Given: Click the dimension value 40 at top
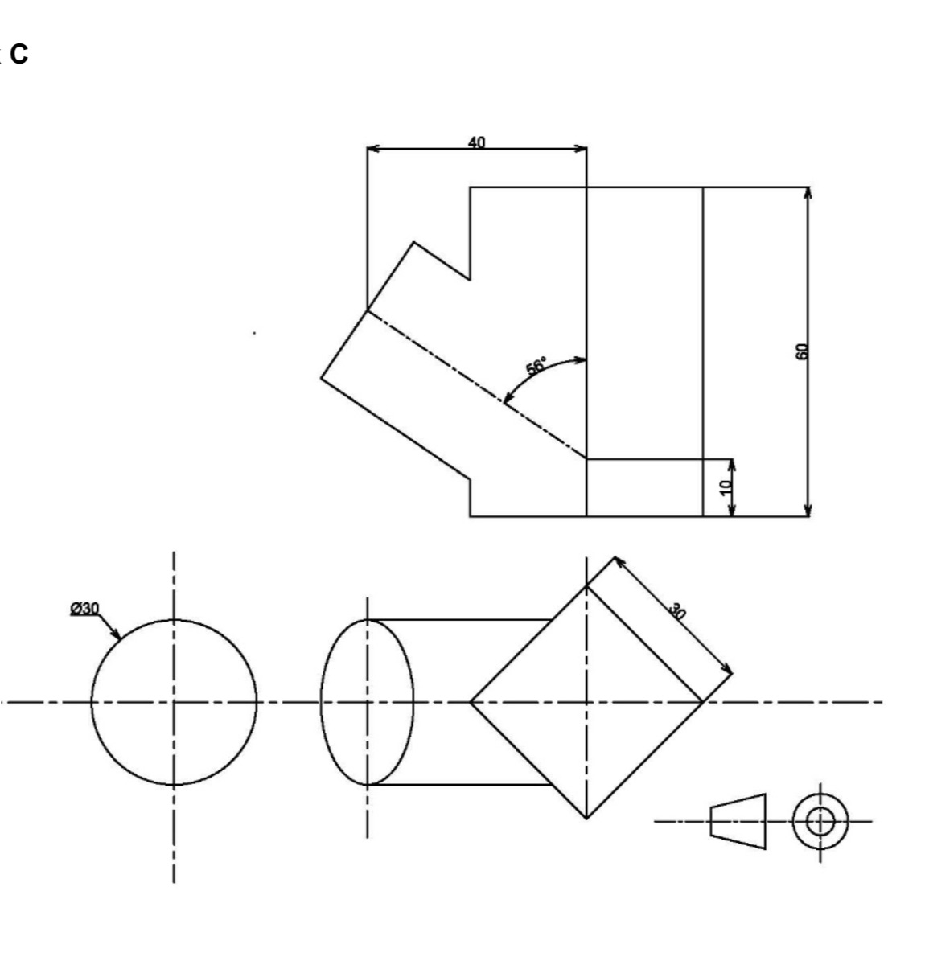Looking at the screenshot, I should (476, 142).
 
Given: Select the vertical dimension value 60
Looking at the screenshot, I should (800, 351).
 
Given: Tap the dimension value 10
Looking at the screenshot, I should (726, 486).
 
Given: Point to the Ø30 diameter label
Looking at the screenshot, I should (84, 608).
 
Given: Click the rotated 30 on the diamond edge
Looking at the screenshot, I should (677, 612).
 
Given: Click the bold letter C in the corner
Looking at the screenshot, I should (19, 55).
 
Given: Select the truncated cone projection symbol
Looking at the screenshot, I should (738, 821).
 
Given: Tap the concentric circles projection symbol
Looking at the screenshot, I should (820, 821).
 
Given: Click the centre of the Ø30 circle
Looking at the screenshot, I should (174, 702).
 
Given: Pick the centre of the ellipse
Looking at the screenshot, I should (368, 702).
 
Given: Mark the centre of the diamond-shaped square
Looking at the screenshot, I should (586, 702).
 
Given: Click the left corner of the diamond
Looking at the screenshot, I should (471, 702).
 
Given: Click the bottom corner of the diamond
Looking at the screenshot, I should (586, 818).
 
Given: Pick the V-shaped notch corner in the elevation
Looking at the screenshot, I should (470, 279).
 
